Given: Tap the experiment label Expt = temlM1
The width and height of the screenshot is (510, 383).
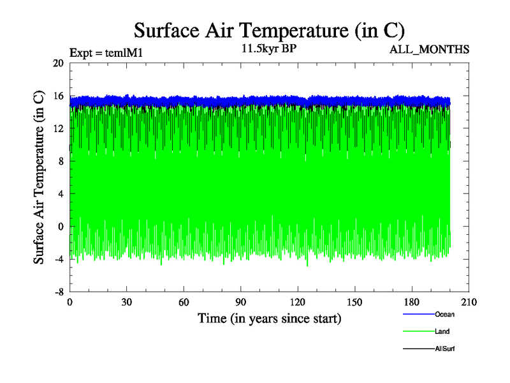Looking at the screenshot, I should [105, 53].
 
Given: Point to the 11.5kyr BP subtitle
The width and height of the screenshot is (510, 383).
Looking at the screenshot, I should [269, 48].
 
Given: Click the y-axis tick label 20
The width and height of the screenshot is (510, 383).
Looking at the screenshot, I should [58, 63].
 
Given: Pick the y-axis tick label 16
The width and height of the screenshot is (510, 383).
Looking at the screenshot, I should [58, 96].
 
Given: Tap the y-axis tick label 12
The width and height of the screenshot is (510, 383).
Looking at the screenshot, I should [58, 128].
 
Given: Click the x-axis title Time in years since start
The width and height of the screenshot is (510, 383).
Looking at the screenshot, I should [269, 318].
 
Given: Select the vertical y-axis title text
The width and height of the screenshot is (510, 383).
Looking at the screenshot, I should [39, 177].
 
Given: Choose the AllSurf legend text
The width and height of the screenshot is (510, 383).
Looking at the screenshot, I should [445, 349].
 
